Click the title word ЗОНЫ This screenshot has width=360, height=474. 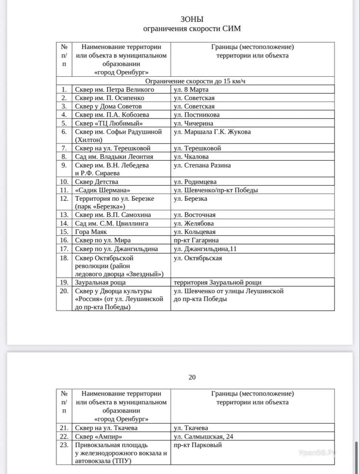point(192,19)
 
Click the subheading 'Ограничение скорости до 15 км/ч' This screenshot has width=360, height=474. point(195,81)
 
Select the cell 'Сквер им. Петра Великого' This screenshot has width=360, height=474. point(114,90)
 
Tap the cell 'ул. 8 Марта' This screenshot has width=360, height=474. point(191,90)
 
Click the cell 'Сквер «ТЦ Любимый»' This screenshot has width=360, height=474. point(109,123)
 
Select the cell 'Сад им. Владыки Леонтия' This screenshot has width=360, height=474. point(114,157)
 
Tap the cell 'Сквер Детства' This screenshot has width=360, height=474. point(97,182)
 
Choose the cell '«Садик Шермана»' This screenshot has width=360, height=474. point(102,190)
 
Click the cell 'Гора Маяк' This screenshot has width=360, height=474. point(91,232)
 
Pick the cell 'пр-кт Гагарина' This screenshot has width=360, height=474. point(196,240)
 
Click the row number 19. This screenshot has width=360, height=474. point(64,283)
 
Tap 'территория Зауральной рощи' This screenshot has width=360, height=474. point(218,283)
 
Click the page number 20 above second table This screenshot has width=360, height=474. point(192,377)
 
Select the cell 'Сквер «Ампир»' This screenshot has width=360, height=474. point(98,437)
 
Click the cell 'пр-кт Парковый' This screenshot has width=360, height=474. point(198,445)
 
